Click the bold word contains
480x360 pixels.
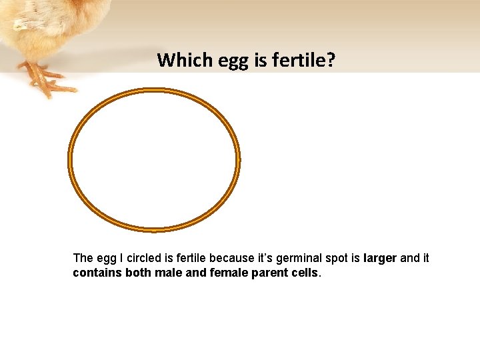tap(96, 273)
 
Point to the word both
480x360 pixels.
tap(136, 273)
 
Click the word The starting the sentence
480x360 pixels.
tap(83, 258)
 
